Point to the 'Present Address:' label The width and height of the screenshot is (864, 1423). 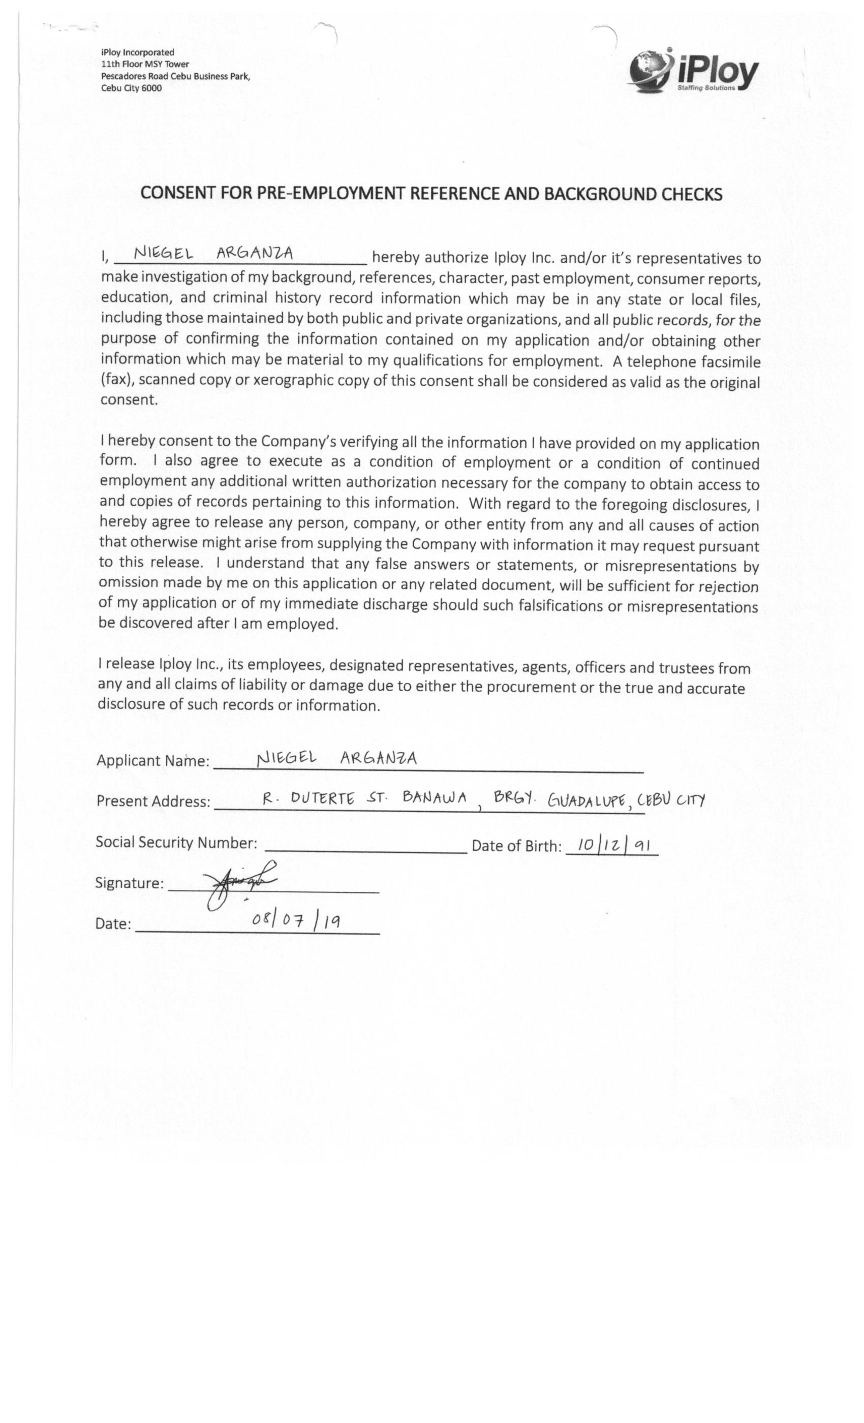(x=153, y=801)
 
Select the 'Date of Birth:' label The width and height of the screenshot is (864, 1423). (x=516, y=846)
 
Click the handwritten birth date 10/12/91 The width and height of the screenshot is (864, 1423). (x=614, y=846)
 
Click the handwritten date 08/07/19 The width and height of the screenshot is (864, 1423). (x=296, y=920)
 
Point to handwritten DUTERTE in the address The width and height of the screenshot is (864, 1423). (x=322, y=799)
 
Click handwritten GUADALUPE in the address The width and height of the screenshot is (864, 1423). (x=585, y=801)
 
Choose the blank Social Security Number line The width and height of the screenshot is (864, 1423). (x=365, y=848)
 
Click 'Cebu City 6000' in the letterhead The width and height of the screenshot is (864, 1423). (x=131, y=88)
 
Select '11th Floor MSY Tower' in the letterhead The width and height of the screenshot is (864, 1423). (x=145, y=64)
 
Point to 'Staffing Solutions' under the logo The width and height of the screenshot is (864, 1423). (x=706, y=88)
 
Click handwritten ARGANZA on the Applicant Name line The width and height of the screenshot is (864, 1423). (x=378, y=758)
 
